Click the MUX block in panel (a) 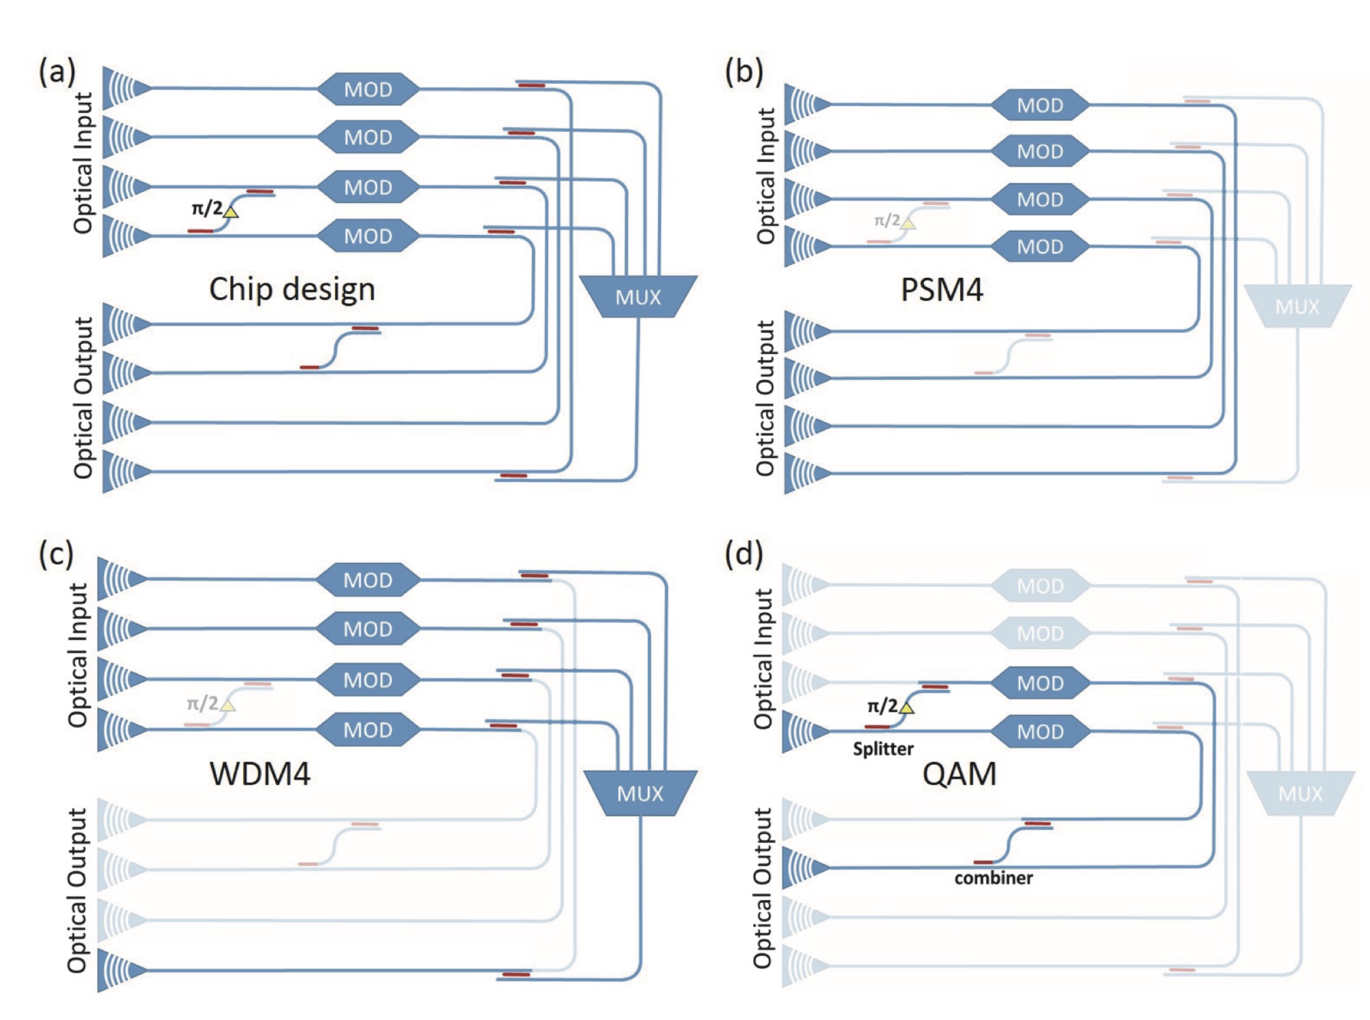coord(638,297)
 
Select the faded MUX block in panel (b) coord(1297,306)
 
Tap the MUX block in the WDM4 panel coord(640,793)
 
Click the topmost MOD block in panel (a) coord(368,89)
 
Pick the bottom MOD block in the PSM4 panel coord(1040,246)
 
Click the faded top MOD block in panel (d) coord(1040,586)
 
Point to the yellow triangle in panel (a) coord(231,212)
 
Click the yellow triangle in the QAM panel coord(906,708)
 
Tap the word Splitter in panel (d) coord(883,749)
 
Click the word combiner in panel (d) coord(993,878)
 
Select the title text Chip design coord(292,289)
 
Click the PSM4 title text coord(942,289)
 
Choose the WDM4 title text coord(259,774)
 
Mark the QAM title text coord(959,774)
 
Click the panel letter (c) coord(56,554)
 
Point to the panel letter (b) coord(744,71)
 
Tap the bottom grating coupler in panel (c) coord(122,970)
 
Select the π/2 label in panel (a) coord(206,208)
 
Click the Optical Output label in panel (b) coord(765,398)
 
